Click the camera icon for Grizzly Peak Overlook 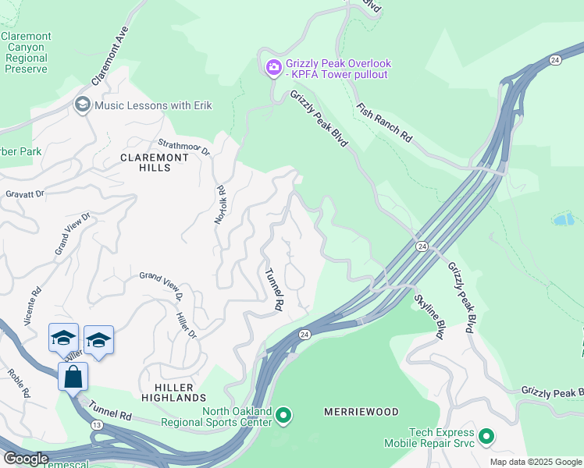[273, 69]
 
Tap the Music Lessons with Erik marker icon [82, 105]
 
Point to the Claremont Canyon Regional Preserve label [26, 52]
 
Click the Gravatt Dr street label [24, 193]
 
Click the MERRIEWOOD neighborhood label [361, 412]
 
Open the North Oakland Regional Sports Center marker [283, 417]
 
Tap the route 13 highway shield [96, 424]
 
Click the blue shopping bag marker [73, 377]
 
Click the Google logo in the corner [26, 459]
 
